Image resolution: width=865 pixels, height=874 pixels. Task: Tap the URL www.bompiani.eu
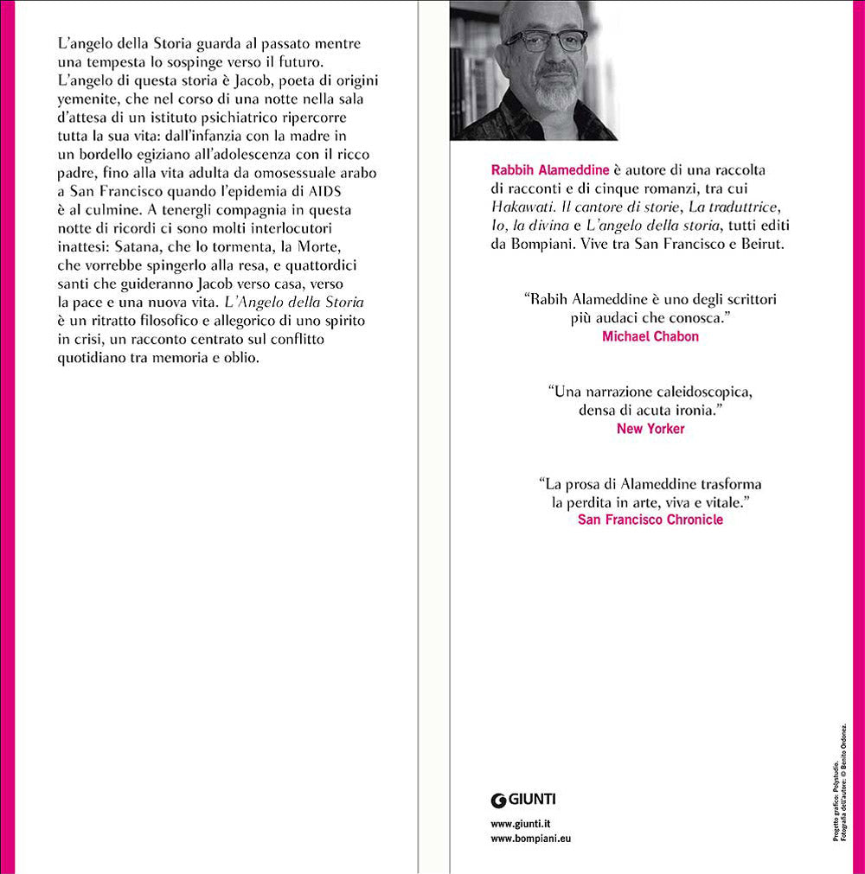point(530,838)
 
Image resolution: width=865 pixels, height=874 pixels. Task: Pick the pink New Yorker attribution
point(650,428)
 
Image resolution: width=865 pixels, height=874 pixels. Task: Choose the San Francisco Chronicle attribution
point(650,520)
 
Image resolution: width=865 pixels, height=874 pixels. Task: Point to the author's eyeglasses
point(544,41)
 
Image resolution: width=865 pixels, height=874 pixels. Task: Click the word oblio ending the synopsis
point(241,357)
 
